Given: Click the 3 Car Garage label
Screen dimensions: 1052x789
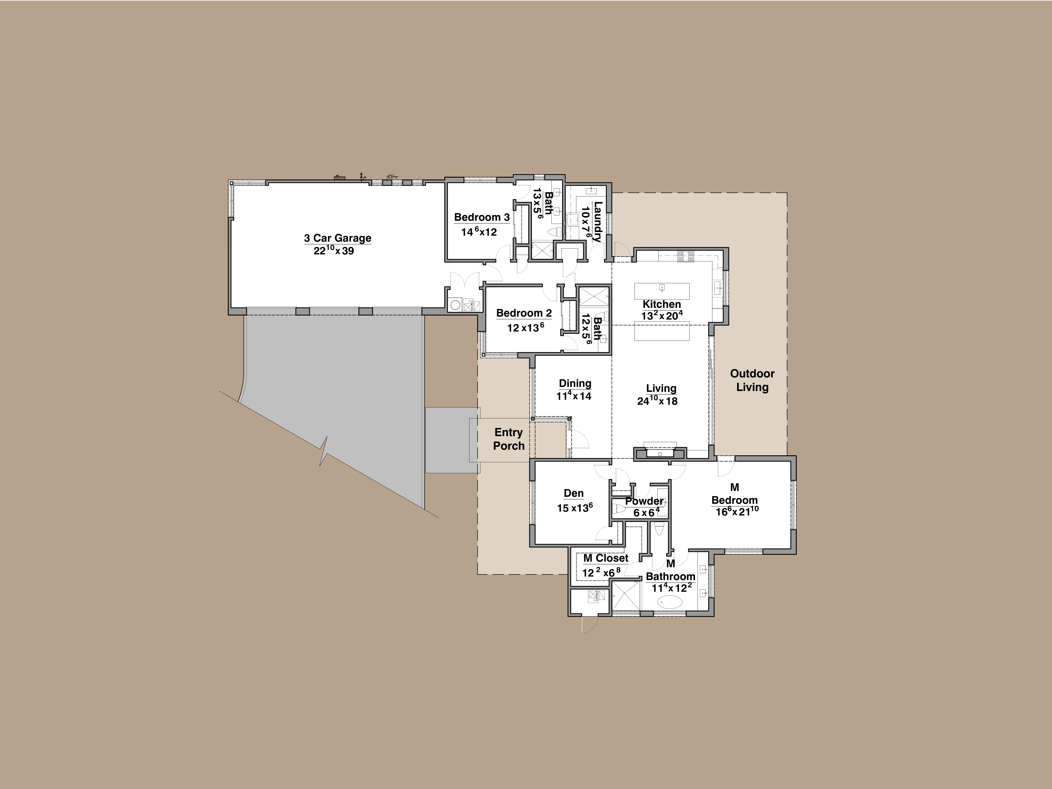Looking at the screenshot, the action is coord(338,238).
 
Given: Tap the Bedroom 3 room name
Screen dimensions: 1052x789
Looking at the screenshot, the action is coord(482,217).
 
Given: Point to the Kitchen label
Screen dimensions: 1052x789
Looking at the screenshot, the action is coord(662,304).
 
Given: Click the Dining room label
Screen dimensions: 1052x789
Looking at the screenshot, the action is coord(575,383).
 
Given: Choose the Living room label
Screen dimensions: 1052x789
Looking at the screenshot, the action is coord(661,389).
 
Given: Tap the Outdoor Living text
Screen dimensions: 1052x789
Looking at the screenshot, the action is coord(752,380).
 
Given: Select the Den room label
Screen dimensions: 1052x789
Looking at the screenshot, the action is coord(573,494).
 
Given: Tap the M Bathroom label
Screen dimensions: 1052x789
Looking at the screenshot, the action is coord(671,570).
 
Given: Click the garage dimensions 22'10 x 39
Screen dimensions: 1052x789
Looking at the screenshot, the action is coord(334,251).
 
